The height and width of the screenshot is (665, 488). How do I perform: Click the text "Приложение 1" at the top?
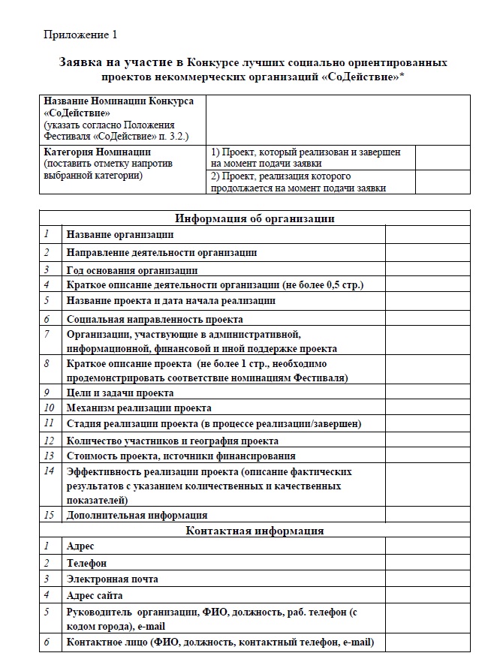point(80,35)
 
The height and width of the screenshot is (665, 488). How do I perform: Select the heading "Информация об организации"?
point(255,218)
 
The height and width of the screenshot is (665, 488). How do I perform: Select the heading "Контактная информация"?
point(255,531)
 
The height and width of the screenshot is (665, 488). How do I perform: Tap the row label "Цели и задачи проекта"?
point(120,393)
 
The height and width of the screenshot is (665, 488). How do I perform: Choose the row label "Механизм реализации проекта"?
point(139,408)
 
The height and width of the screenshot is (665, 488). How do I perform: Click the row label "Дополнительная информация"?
point(137,515)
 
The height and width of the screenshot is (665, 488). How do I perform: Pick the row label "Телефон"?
point(86,562)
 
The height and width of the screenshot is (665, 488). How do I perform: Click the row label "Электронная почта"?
point(113,579)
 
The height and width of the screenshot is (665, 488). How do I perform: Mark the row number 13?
point(50,456)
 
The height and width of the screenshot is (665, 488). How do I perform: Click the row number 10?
point(50,408)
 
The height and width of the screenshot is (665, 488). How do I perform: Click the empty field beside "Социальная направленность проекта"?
point(426,319)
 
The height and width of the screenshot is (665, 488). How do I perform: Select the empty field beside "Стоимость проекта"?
point(426,456)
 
